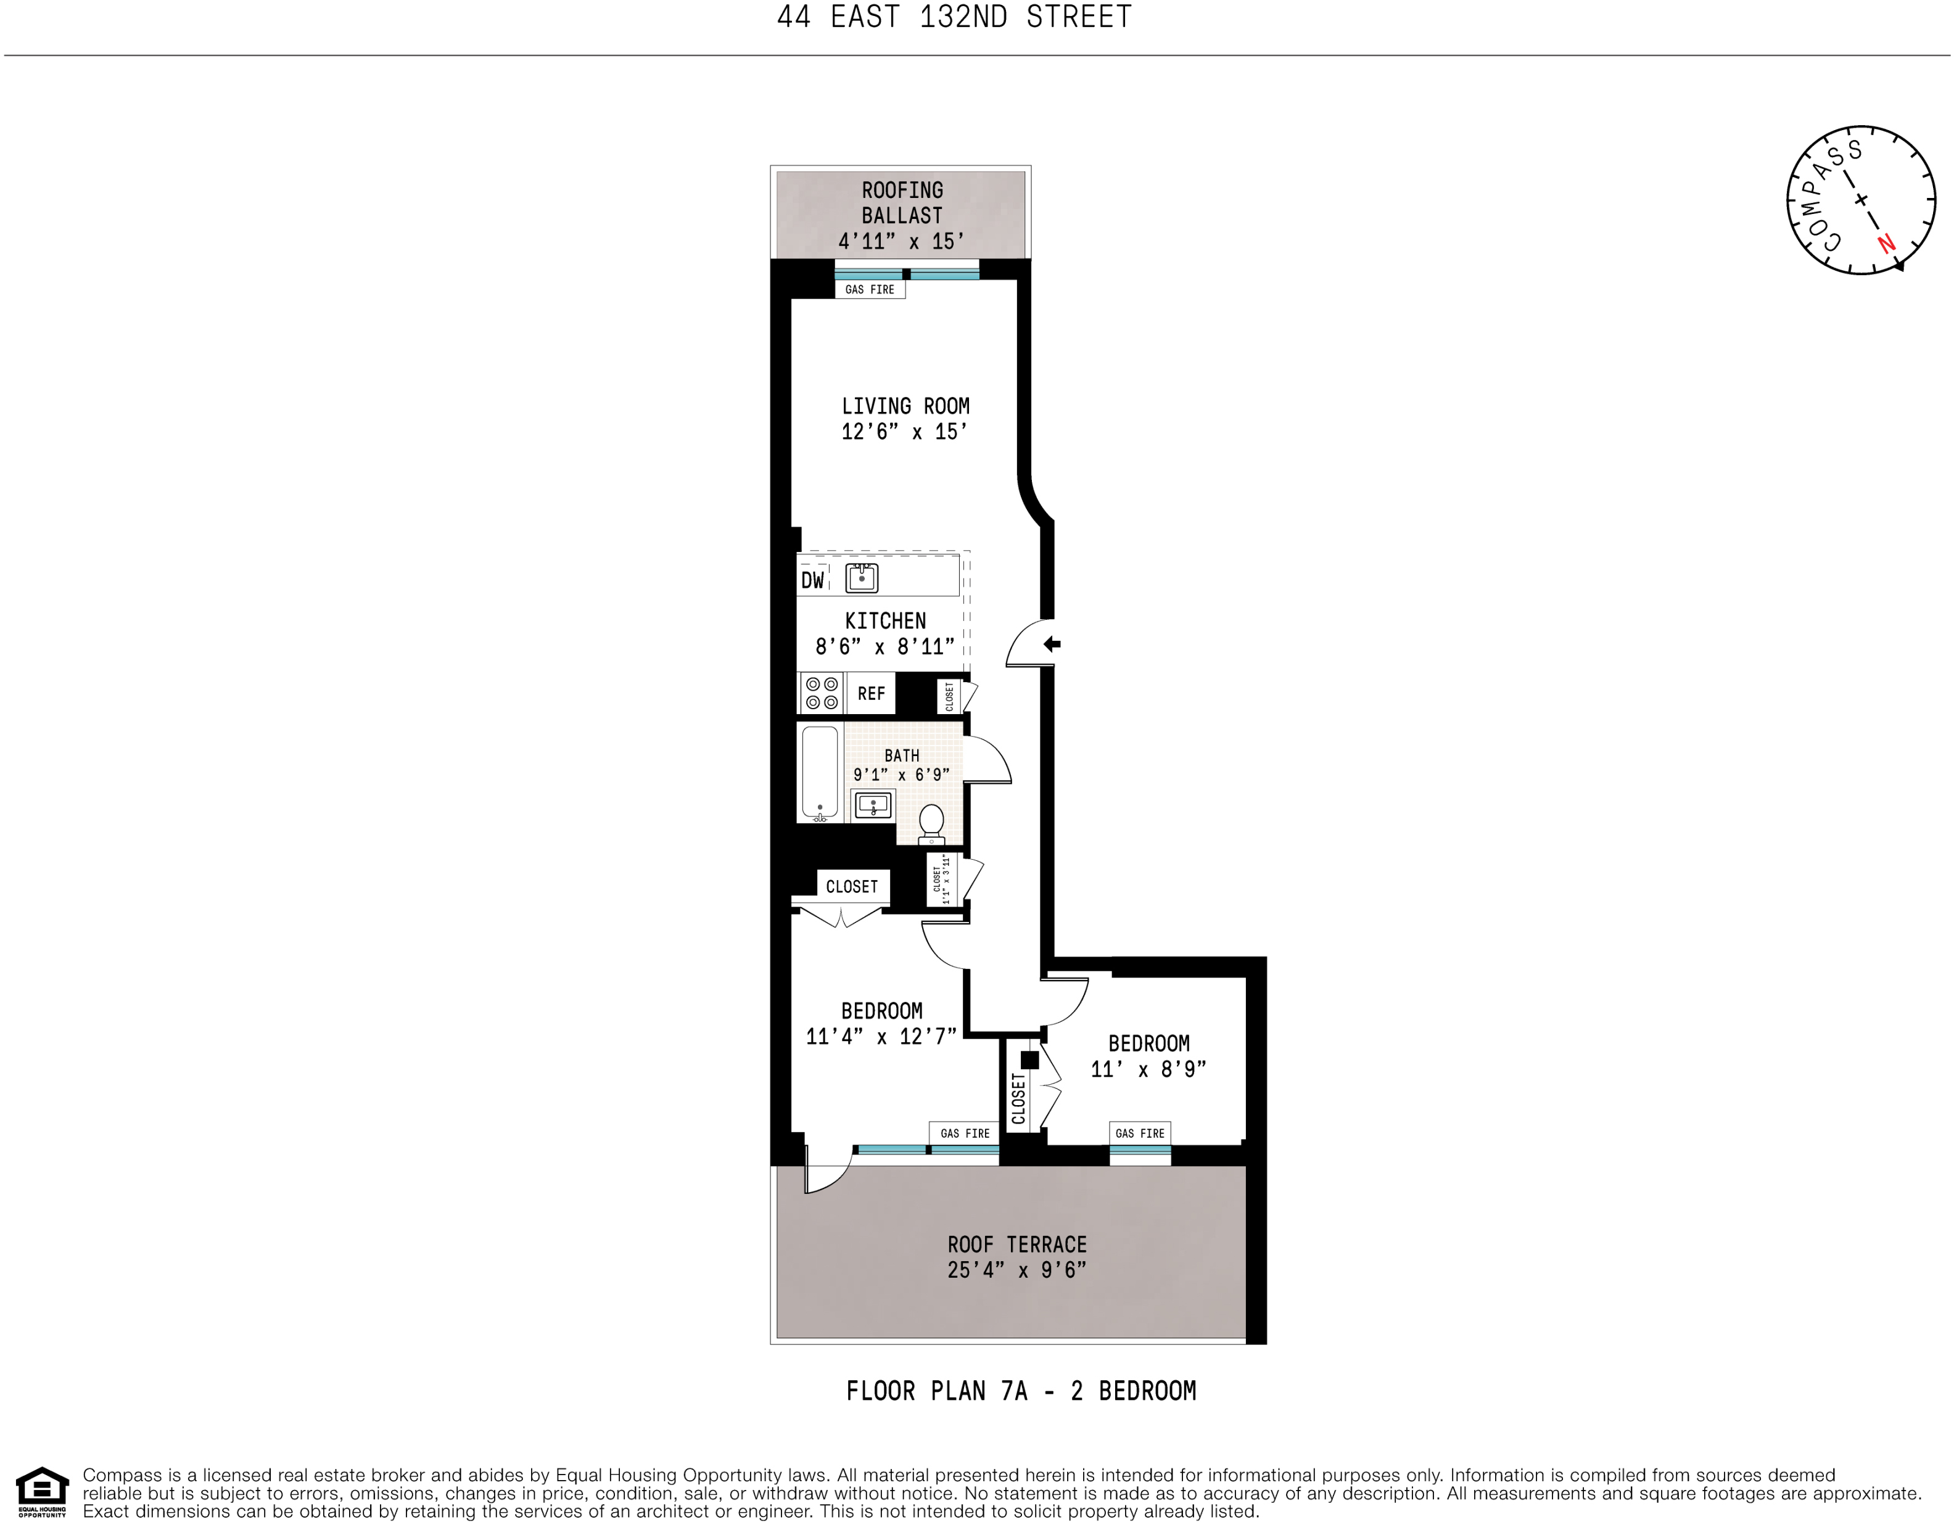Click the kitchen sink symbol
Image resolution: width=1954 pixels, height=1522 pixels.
pos(862,578)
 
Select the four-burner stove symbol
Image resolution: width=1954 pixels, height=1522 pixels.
pos(822,693)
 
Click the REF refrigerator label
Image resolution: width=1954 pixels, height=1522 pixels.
pos(870,693)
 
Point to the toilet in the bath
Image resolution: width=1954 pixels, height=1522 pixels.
pos(931,822)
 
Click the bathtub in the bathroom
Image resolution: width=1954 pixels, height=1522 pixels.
pos(820,772)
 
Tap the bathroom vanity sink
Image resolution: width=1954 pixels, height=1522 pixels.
pos(872,804)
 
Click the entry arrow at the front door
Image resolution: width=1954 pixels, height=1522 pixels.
pos(1052,643)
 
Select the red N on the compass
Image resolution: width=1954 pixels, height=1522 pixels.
pos(1886,242)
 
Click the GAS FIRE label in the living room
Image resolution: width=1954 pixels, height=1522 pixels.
pos(870,290)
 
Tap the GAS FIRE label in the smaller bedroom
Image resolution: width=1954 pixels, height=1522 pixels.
pos(1140,1133)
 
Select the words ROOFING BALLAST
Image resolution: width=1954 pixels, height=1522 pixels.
pos(902,203)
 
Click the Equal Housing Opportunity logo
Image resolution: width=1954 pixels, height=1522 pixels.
pos(42,1492)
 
